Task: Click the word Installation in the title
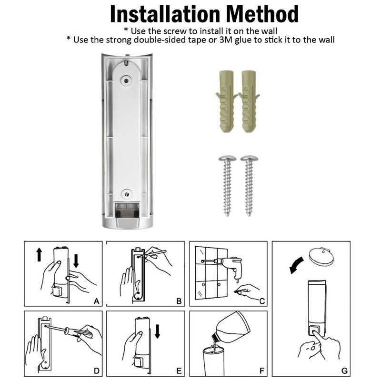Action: [x=165, y=14]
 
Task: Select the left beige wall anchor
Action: [x=226, y=101]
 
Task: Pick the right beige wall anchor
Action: [x=249, y=101]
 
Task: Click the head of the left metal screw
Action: [x=228, y=159]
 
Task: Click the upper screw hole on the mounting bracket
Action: [x=126, y=80]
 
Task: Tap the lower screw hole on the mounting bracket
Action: [x=127, y=194]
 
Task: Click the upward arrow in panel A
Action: [x=39, y=254]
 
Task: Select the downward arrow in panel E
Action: [x=158, y=331]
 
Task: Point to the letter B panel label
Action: [x=179, y=301]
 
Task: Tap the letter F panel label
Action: [x=261, y=371]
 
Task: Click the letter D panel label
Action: [x=97, y=371]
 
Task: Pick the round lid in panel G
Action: [x=321, y=257]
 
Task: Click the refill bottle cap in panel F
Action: [x=215, y=337]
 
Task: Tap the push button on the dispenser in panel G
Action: [x=314, y=331]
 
